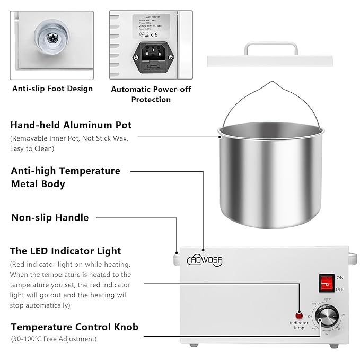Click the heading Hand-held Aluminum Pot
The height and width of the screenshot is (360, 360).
[71, 125]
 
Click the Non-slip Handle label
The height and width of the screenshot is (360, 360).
[50, 217]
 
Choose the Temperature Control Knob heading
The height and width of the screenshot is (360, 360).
[75, 327]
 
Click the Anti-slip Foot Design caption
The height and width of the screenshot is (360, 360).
[52, 89]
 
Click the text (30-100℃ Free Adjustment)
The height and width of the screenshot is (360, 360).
[53, 339]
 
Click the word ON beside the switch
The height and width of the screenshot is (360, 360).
[340, 277]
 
